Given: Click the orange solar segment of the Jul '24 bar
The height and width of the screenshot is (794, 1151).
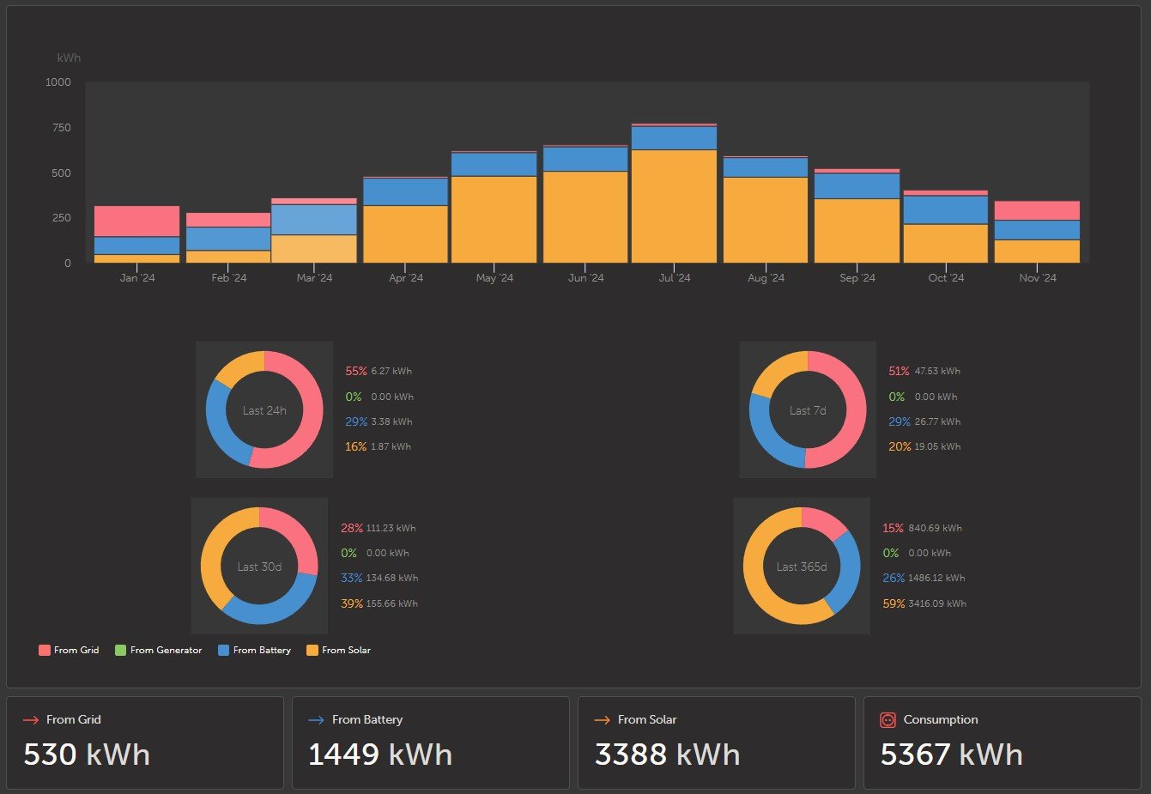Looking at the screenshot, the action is click(x=674, y=206).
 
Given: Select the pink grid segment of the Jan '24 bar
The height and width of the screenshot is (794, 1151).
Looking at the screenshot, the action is click(x=136, y=221).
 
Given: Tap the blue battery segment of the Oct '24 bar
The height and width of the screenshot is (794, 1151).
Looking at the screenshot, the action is click(x=946, y=209).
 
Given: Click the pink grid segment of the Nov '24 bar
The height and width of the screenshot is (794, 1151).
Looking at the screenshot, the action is click(x=1037, y=210).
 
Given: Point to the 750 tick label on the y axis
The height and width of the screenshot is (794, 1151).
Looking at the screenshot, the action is click(x=62, y=127).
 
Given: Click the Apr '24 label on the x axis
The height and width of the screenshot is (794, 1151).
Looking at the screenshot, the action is click(x=406, y=277).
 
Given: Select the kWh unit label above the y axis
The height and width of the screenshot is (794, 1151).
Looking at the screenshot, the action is click(x=69, y=58).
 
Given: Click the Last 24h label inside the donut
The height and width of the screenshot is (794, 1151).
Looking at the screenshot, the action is click(x=264, y=410).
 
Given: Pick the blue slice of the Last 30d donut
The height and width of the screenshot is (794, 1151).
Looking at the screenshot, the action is click(x=277, y=606).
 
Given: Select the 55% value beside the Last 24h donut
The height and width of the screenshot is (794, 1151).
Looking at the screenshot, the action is click(x=356, y=371).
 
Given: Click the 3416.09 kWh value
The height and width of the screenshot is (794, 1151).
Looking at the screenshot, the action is click(x=937, y=603).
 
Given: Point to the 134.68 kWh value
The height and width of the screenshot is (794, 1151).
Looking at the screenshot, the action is click(x=392, y=578).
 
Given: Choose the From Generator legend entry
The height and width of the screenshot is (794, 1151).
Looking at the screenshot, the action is click(x=158, y=650).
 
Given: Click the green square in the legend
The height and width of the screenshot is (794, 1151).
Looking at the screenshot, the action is click(x=120, y=650).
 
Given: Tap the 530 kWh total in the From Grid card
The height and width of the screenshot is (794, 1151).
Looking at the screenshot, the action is click(x=87, y=755).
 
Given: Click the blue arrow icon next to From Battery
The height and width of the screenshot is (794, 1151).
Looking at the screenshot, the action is click(x=316, y=720).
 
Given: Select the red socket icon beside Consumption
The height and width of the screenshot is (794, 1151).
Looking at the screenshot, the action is click(x=887, y=720).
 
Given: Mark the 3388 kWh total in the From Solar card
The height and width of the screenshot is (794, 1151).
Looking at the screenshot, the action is click(x=668, y=755).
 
